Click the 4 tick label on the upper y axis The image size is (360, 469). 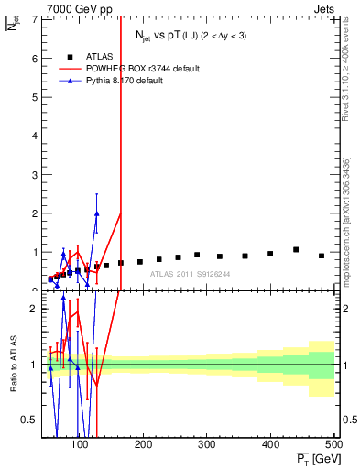pyautogui.click(x=33, y=136)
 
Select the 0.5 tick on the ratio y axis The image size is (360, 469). pyautogui.click(x=28, y=420)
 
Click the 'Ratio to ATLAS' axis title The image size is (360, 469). pyautogui.click(x=12, y=364)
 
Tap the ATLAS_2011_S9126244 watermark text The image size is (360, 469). pyautogui.click(x=190, y=273)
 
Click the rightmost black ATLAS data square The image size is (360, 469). pyautogui.click(x=322, y=256)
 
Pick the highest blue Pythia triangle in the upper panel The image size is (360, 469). pyautogui.click(x=96, y=213)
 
